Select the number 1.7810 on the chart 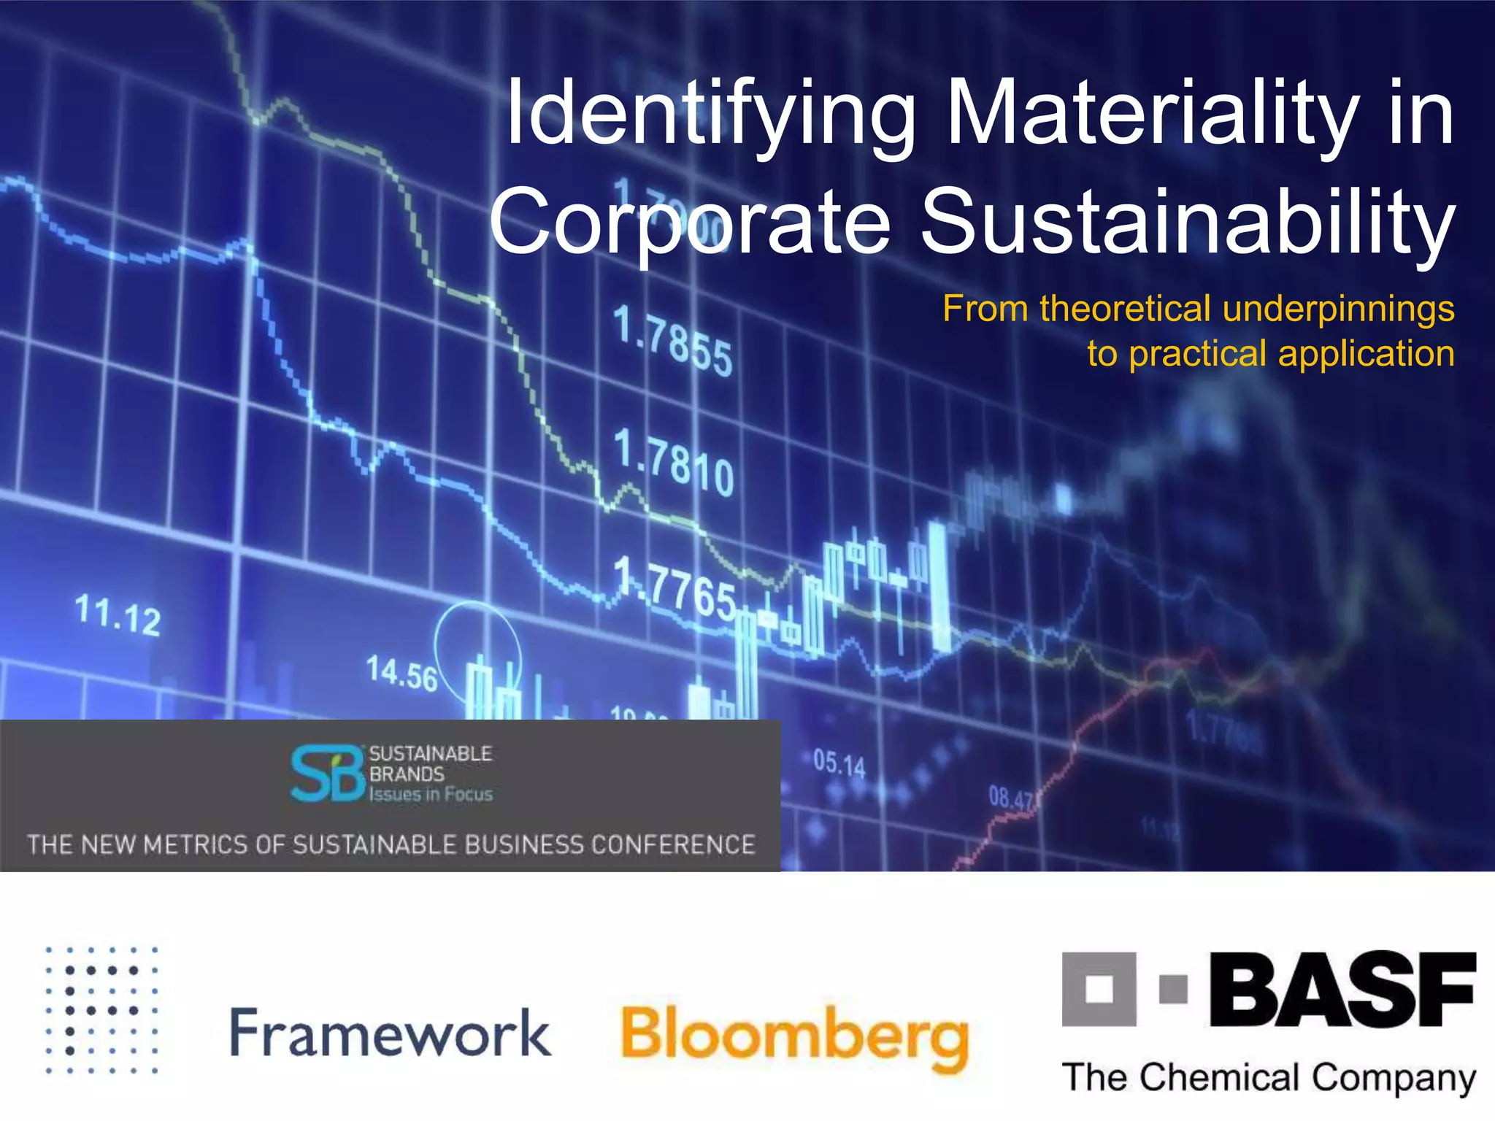tap(673, 462)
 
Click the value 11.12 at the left tap(118, 615)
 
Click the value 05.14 tap(839, 763)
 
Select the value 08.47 tap(1011, 798)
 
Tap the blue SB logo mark tap(327, 774)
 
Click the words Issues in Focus tap(431, 794)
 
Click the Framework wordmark tap(391, 1032)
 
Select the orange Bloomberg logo tap(794, 1036)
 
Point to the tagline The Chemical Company tap(1269, 1078)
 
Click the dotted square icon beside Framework tap(101, 1010)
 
